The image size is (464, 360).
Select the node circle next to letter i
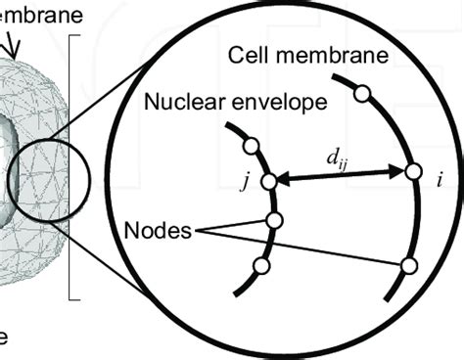pos(412,172)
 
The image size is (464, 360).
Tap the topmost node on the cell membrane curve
pos(361,94)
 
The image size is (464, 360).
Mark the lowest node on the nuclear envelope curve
pos(260,266)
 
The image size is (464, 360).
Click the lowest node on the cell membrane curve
pos(408,266)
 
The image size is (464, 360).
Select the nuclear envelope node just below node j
pos(274,221)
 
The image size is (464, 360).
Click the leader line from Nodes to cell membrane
pos(333,248)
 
